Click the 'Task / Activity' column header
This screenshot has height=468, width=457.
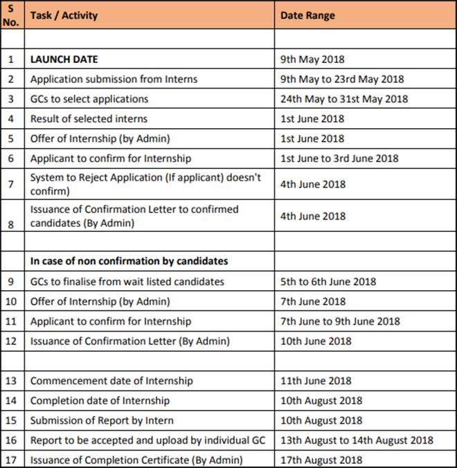click(64, 15)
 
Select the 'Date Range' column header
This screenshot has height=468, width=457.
click(307, 15)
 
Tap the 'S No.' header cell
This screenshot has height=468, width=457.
click(11, 15)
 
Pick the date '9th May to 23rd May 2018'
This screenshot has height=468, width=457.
click(342, 79)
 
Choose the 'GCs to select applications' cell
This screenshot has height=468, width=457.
click(89, 99)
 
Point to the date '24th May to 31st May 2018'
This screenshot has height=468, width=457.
click(344, 99)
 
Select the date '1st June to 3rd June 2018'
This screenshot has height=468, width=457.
click(339, 159)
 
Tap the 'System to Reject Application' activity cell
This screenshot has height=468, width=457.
click(145, 184)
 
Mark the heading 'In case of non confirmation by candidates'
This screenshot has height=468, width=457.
click(129, 262)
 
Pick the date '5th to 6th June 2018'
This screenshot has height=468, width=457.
click(328, 282)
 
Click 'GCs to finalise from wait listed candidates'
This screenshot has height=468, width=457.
click(127, 282)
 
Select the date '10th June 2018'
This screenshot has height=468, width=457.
click(313, 341)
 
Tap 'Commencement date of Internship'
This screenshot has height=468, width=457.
click(111, 381)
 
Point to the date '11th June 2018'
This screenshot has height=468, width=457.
click(312, 381)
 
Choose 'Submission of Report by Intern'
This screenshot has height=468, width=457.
click(102, 420)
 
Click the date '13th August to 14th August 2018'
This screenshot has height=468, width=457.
click(357, 440)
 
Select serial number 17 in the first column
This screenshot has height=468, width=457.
click(11, 460)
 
